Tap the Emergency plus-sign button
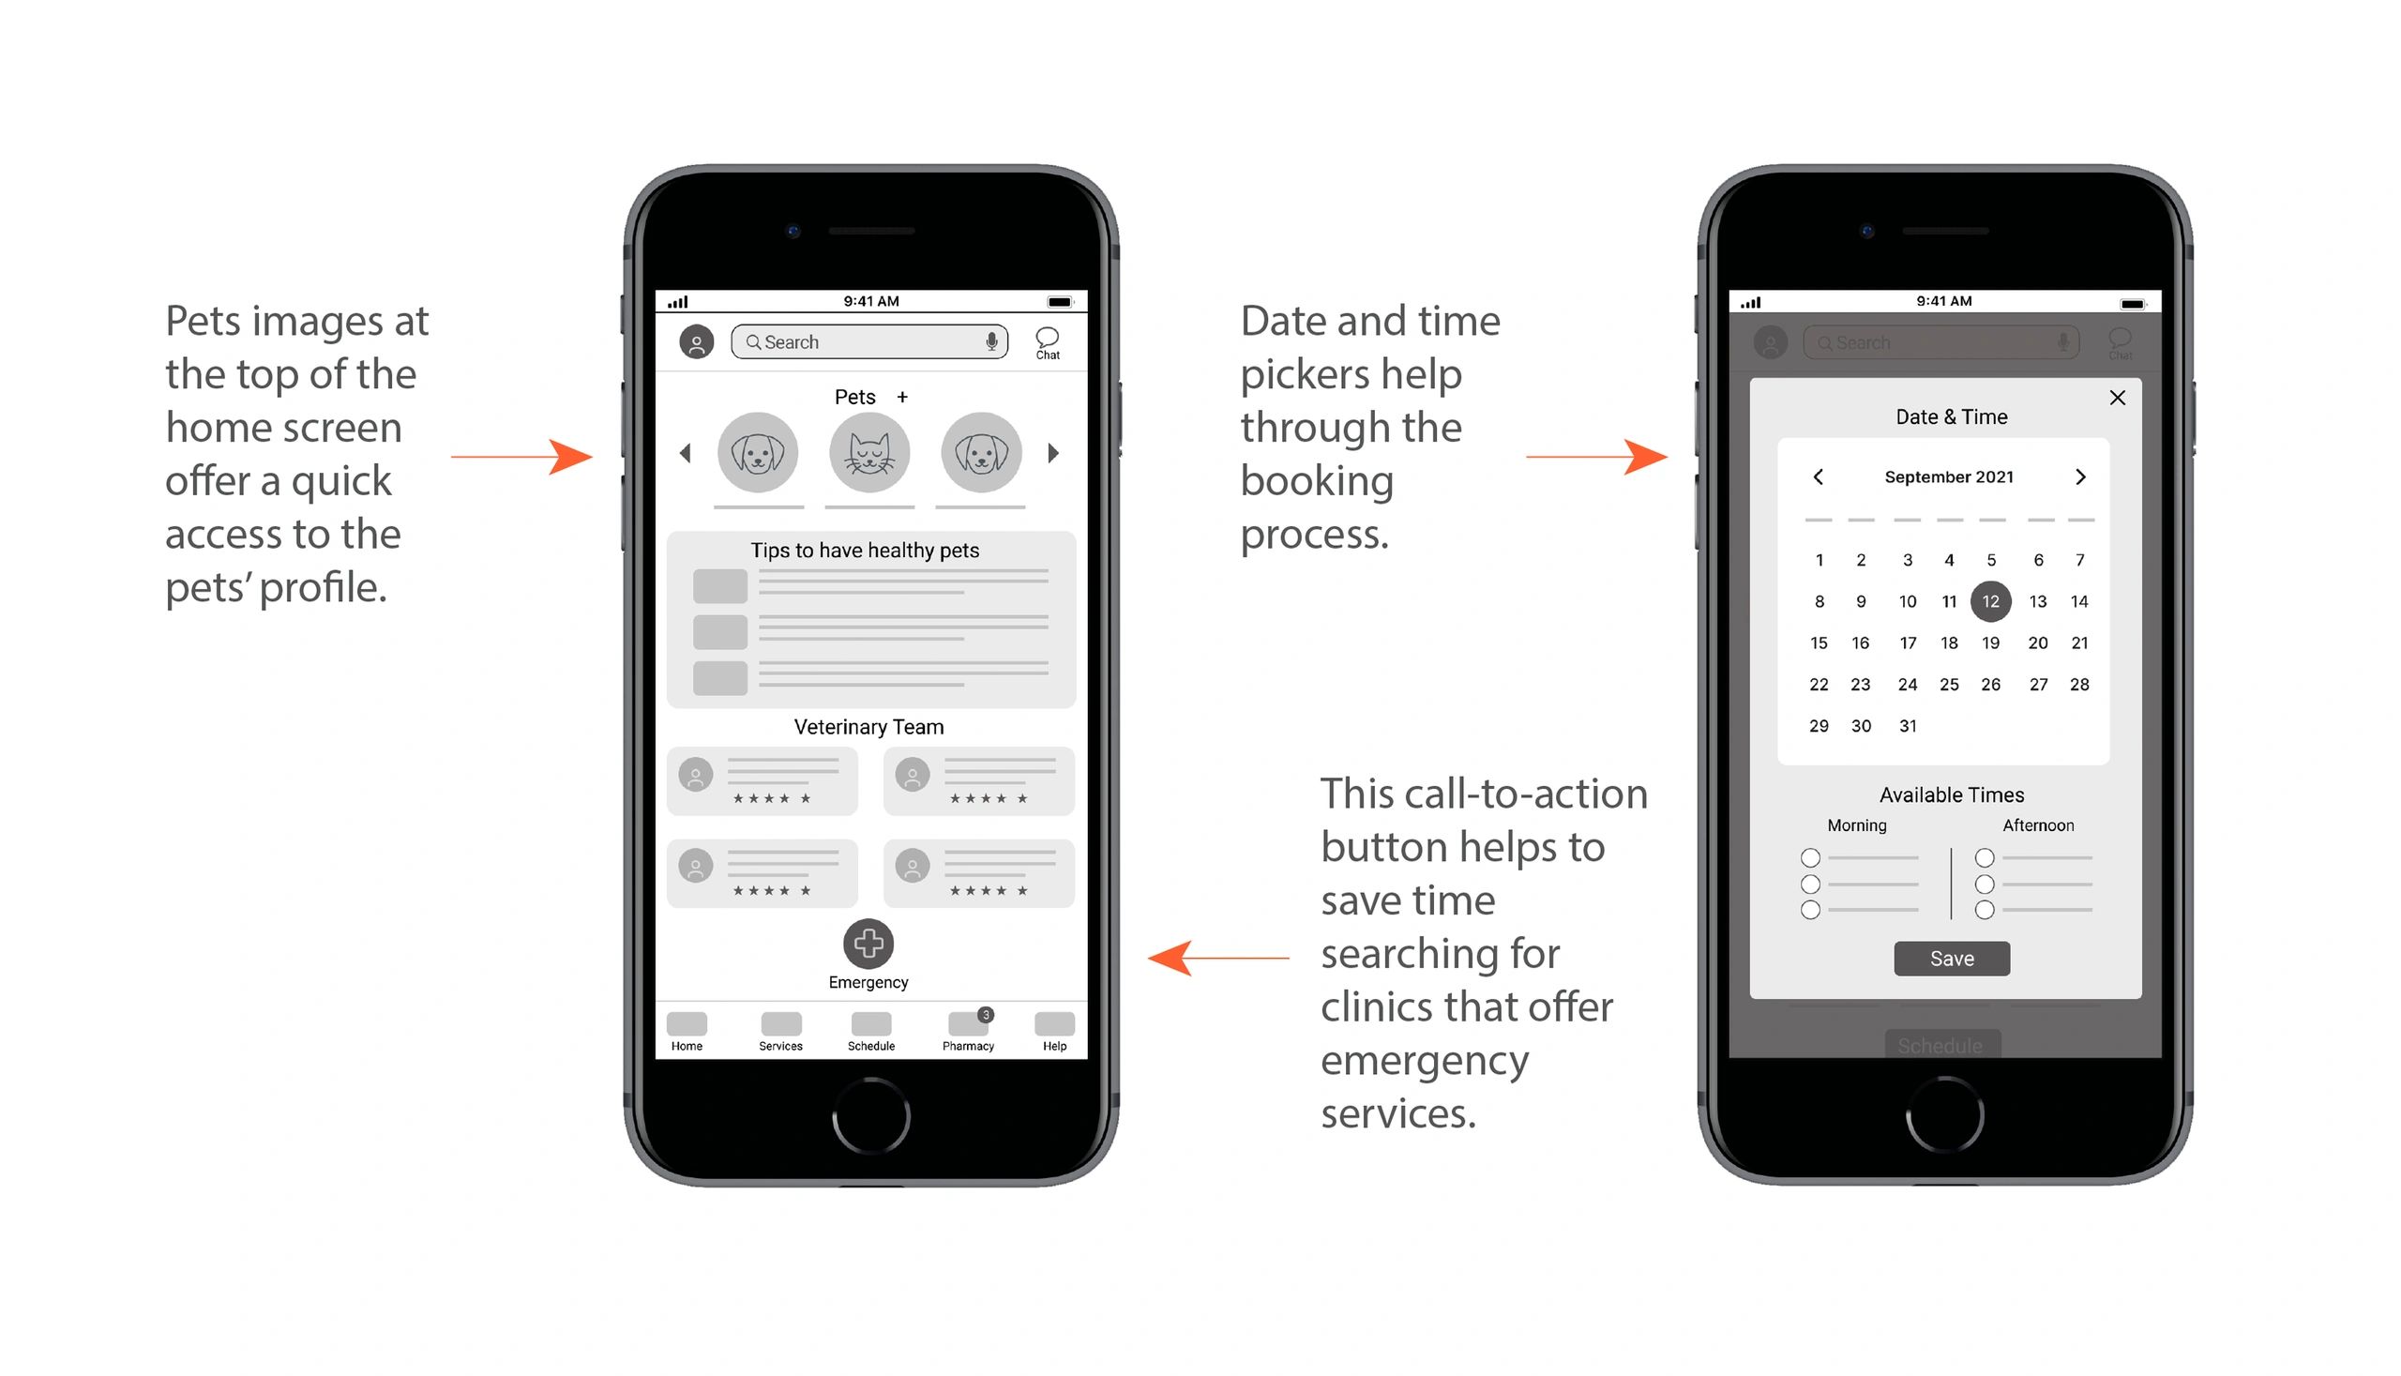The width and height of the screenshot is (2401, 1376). pyautogui.click(x=868, y=944)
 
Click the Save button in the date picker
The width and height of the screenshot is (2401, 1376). pyautogui.click(x=1951, y=959)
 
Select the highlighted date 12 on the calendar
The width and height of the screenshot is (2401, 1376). pyautogui.click(x=1990, y=601)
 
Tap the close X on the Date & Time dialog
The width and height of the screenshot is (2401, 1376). pyautogui.click(x=2117, y=398)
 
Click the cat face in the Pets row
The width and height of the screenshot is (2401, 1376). pyautogui.click(x=869, y=453)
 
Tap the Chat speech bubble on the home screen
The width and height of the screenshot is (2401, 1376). pyautogui.click(x=1047, y=342)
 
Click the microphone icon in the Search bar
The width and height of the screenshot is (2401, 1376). pyautogui.click(x=991, y=341)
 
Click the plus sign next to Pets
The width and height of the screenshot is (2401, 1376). pyautogui.click(x=902, y=397)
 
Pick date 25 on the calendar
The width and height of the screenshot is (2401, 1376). pyautogui.click(x=1948, y=684)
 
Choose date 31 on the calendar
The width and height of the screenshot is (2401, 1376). pyautogui.click(x=1908, y=726)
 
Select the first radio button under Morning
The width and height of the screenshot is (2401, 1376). pyautogui.click(x=1809, y=858)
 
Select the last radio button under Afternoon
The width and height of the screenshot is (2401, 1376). pyautogui.click(x=1985, y=910)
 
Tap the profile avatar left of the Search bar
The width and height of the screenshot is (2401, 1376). pyautogui.click(x=697, y=342)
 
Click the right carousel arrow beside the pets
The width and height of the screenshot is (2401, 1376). pyautogui.click(x=1053, y=454)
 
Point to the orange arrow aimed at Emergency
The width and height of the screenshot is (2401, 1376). pyautogui.click(x=1218, y=958)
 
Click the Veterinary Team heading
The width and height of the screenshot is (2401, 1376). pyautogui.click(x=868, y=727)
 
